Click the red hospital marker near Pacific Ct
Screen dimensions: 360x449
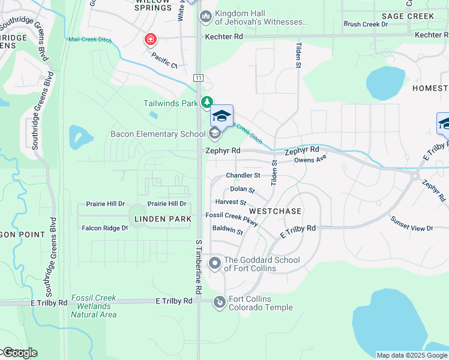(x=150, y=40)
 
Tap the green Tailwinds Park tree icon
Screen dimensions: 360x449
(x=206, y=103)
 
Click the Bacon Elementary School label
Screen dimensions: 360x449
(x=152, y=134)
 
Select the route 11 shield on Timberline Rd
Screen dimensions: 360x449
(x=198, y=78)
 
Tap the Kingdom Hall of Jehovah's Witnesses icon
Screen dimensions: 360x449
(x=206, y=16)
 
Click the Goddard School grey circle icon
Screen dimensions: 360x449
(x=215, y=263)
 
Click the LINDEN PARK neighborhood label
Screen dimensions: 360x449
(x=163, y=219)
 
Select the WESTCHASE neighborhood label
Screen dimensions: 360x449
(x=275, y=212)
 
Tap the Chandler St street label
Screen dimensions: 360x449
(x=243, y=176)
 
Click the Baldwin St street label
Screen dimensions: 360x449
(x=228, y=231)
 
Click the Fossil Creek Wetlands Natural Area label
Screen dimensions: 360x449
(x=93, y=306)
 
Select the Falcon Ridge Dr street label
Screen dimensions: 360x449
(x=105, y=228)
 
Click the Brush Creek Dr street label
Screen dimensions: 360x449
(x=366, y=25)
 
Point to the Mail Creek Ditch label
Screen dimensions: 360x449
(x=90, y=40)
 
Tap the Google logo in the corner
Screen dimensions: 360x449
(x=19, y=353)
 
